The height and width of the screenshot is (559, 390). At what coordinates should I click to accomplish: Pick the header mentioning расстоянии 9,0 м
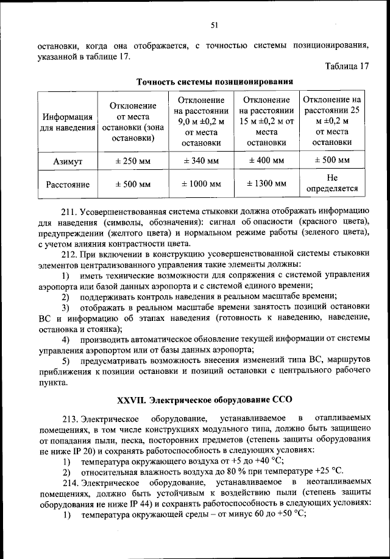(201, 121)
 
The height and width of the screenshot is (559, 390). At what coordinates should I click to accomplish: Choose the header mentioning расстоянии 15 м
(266, 121)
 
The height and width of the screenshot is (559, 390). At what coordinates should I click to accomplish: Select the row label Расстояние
(67, 184)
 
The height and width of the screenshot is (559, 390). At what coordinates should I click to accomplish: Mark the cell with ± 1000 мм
(201, 184)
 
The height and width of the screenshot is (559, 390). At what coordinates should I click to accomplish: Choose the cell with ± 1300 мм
(266, 183)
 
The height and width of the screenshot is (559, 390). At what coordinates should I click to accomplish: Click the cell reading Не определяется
(332, 183)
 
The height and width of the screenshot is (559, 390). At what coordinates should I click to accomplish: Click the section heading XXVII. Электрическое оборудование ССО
(205, 400)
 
